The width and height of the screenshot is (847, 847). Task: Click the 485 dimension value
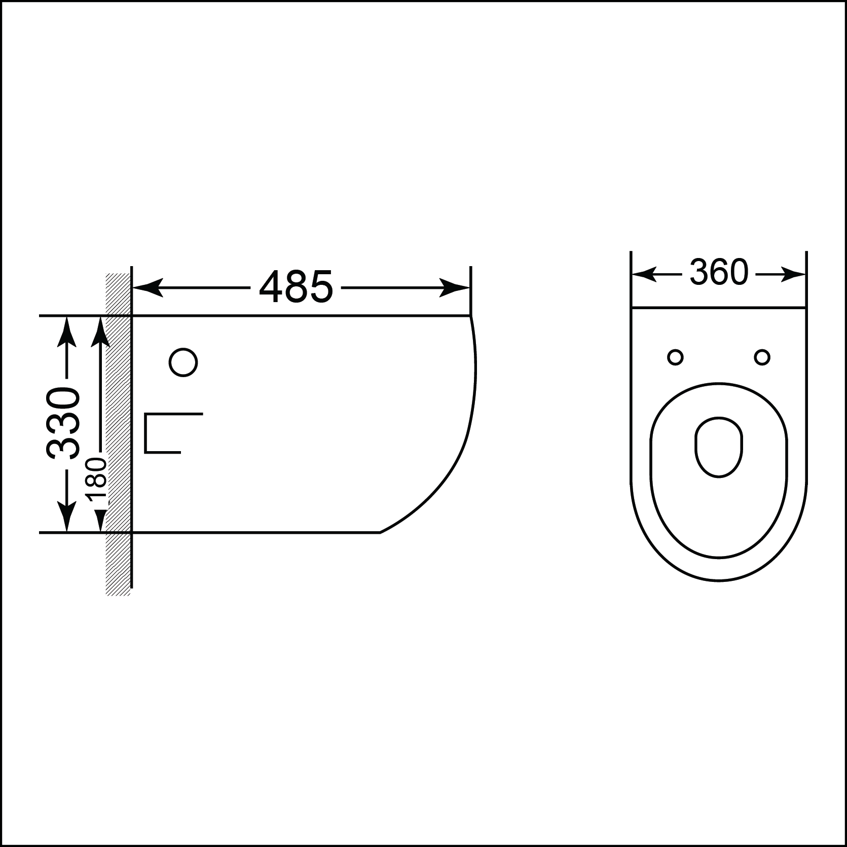click(x=296, y=287)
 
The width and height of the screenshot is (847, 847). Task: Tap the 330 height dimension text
click(x=63, y=423)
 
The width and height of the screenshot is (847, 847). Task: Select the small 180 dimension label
click(x=96, y=480)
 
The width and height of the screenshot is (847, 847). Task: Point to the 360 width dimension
click(x=719, y=273)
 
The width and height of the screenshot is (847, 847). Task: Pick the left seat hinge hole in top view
click(x=675, y=357)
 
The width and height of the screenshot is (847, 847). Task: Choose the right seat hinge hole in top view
click(x=762, y=357)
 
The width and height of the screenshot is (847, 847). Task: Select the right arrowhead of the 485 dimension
click(x=454, y=287)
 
